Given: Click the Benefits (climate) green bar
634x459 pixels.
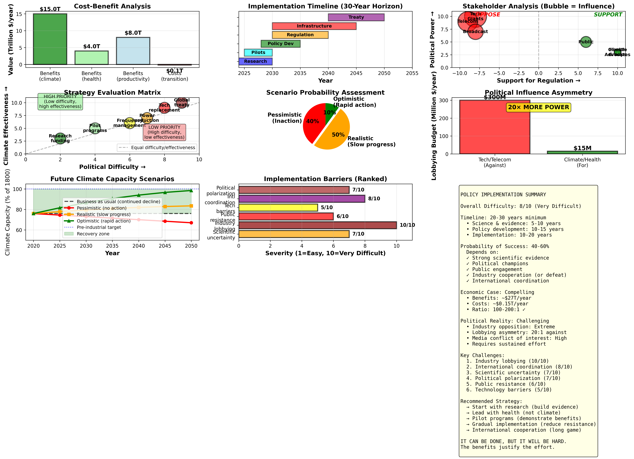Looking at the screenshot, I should [50, 39].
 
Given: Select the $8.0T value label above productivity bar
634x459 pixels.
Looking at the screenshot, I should [133, 33].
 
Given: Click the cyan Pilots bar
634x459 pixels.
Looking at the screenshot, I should [258, 53].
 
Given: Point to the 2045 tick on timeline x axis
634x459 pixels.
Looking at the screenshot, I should [356, 73].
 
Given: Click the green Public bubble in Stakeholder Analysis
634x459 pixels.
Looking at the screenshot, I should [586, 42].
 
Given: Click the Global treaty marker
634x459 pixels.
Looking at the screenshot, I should [182, 103].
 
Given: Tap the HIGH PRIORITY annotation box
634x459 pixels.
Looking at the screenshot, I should [60, 101].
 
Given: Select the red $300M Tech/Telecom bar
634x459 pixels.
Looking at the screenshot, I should [494, 127].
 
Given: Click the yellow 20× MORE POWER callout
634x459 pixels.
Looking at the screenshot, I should [538, 107].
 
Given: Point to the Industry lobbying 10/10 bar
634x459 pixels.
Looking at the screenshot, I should [317, 225].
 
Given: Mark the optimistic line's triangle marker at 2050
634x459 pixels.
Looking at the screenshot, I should [191, 190].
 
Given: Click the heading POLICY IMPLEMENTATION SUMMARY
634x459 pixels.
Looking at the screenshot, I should [503, 195].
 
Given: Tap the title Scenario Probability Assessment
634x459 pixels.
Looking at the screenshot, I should [325, 92].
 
